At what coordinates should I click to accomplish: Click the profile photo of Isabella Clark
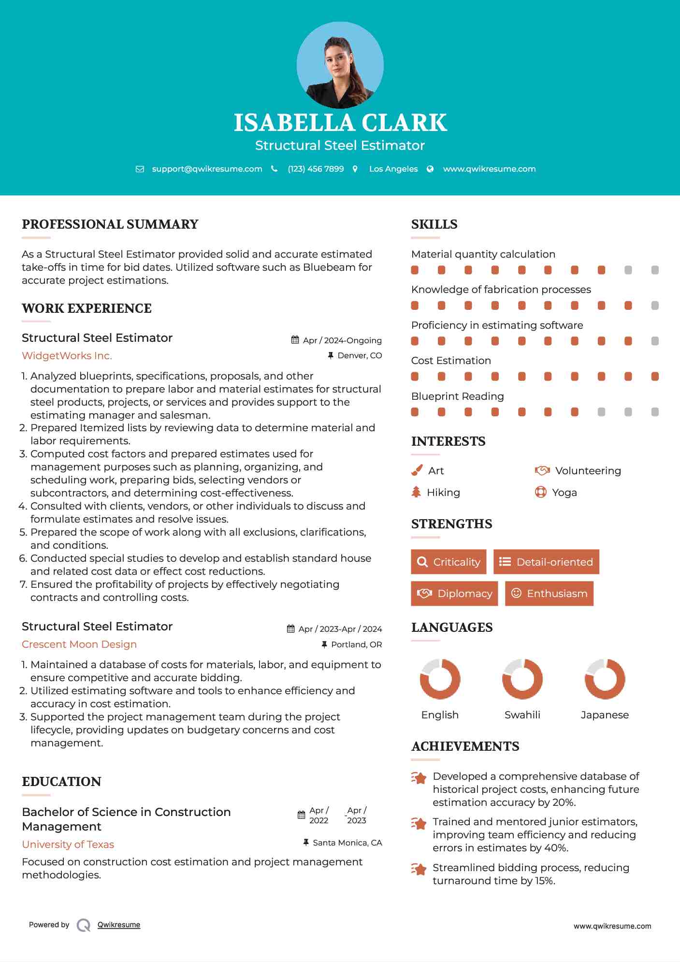[x=340, y=65]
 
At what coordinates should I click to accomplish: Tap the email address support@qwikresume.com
[x=207, y=169]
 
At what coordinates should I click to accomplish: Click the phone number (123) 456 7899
[x=316, y=169]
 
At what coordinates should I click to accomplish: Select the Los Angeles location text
[x=393, y=169]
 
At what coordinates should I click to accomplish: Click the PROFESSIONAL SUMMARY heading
[x=110, y=224]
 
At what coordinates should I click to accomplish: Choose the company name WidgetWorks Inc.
[x=67, y=356]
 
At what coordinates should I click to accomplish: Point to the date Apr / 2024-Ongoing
[x=342, y=340]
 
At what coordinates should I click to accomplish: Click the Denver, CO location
[x=359, y=355]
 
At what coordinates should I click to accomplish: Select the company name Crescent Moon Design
[x=79, y=644]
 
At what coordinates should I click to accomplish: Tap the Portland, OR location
[x=356, y=644]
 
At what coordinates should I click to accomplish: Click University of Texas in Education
[x=68, y=845]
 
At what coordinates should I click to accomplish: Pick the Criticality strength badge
[x=449, y=562]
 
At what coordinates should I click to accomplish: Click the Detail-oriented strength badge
[x=546, y=562]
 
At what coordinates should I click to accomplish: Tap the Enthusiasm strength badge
[x=549, y=593]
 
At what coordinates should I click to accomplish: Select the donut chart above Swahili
[x=522, y=679]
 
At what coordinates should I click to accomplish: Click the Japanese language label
[x=605, y=715]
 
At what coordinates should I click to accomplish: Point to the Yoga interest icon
[x=540, y=492]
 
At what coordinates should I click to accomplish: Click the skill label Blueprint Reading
[x=457, y=396]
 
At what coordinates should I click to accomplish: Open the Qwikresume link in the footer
[x=119, y=925]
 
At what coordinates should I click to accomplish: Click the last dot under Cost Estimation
[x=655, y=377]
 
